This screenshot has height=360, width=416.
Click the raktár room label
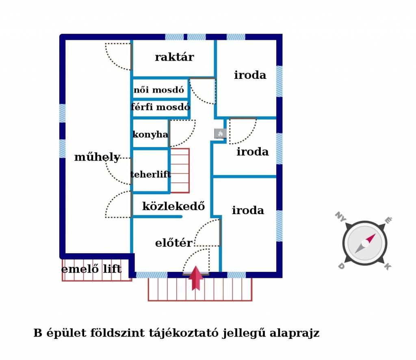point(174,57)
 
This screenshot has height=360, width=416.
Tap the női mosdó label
point(159,90)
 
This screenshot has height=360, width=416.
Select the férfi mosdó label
point(160,107)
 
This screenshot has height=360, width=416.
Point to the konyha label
point(150,134)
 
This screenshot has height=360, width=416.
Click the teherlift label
point(150,175)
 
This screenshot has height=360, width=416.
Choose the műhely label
point(97,157)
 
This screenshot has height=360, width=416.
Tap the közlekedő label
point(173,206)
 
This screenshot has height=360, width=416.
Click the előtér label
point(173,243)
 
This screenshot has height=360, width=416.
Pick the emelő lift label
point(91,269)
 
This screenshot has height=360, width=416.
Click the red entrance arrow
point(196,278)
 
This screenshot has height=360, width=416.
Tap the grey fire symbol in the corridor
point(220,133)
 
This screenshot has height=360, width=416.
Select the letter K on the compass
point(388,267)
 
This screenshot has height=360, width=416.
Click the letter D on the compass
point(341,266)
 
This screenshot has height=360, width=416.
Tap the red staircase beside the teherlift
point(180,171)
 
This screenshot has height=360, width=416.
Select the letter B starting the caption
point(38,333)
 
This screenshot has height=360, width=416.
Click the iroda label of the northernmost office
point(250,75)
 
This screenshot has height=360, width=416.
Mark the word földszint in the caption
point(121,333)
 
